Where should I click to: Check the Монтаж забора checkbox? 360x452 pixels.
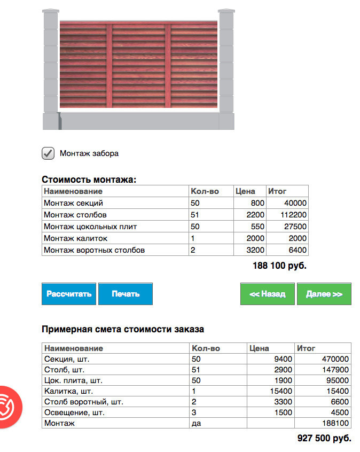click(x=48, y=153)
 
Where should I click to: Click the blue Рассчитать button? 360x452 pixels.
click(x=69, y=294)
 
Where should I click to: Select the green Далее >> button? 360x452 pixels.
click(x=324, y=294)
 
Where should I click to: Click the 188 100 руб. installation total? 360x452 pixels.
click(x=279, y=265)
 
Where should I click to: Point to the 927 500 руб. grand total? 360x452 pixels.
click(x=324, y=438)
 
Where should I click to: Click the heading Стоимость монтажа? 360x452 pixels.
click(x=89, y=180)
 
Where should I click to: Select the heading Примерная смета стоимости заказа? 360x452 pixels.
click(x=123, y=329)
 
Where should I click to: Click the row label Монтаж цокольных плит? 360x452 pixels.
click(x=90, y=227)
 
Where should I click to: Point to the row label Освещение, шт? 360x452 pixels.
click(x=74, y=412)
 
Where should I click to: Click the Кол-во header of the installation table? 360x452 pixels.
click(x=205, y=191)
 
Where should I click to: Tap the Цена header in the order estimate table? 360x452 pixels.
click(x=260, y=348)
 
